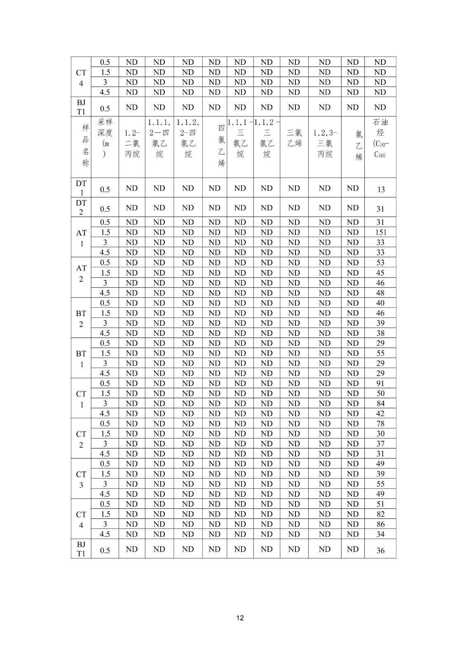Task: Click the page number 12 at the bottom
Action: pyautogui.click(x=240, y=618)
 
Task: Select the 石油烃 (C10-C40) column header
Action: pyautogui.click(x=380, y=139)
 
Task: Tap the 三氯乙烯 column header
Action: pyautogui.click(x=294, y=138)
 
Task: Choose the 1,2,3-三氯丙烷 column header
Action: pyautogui.click(x=325, y=144)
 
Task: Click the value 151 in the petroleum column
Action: pyautogui.click(x=380, y=232)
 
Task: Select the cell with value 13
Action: pyautogui.click(x=380, y=189)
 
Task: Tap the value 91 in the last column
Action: pyautogui.click(x=380, y=383)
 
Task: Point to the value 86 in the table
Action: pyautogui.click(x=380, y=524)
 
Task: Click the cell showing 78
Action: pyautogui.click(x=380, y=424)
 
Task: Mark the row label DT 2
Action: pyautogui.click(x=81, y=207)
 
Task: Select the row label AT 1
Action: pyautogui.click(x=81, y=238)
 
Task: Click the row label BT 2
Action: pyautogui.click(x=81, y=318)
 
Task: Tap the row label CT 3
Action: pyautogui.click(x=81, y=479)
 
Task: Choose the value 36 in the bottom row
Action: pyautogui.click(x=380, y=550)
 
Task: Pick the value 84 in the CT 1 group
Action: pyautogui.click(x=380, y=403)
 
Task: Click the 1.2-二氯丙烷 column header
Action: pyautogui.click(x=132, y=144)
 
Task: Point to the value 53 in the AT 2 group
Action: pyautogui.click(x=380, y=263)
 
